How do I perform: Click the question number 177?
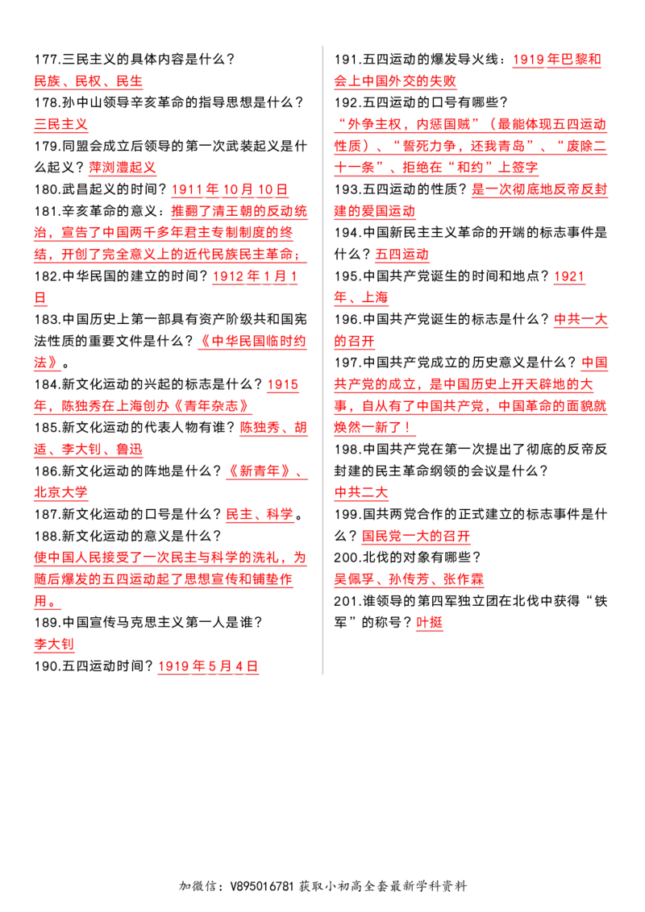pyautogui.click(x=45, y=60)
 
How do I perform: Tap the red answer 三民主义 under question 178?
pyautogui.click(x=61, y=124)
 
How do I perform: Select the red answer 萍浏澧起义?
pyautogui.click(x=123, y=168)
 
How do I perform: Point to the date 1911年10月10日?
pyautogui.click(x=229, y=189)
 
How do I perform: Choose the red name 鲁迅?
pyautogui.click(x=129, y=450)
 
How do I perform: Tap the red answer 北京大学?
pyautogui.click(x=61, y=492)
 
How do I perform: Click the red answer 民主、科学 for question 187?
pyautogui.click(x=259, y=515)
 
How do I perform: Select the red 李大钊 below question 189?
pyautogui.click(x=54, y=645)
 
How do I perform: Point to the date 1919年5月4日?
pyautogui.click(x=208, y=666)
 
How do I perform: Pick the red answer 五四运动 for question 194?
pyautogui.click(x=402, y=255)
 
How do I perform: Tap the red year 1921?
pyautogui.click(x=569, y=276)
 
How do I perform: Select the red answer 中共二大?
pyautogui.click(x=361, y=492)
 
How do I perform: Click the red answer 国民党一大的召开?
pyautogui.click(x=416, y=537)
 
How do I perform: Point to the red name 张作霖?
pyautogui.click(x=464, y=579)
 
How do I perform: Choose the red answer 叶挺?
pyautogui.click(x=430, y=623)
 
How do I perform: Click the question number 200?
pyautogui.click(x=346, y=558)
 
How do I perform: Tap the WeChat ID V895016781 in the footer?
pyautogui.click(x=262, y=886)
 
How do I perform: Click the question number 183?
pyautogui.click(x=45, y=319)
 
